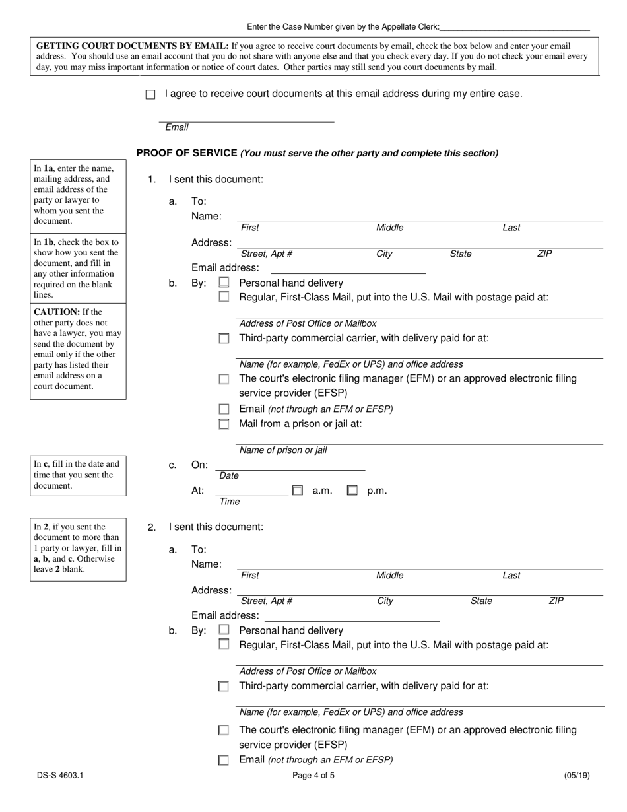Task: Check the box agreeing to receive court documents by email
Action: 150,94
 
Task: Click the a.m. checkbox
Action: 298,491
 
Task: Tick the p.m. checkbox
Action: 352,491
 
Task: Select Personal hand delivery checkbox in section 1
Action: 224,282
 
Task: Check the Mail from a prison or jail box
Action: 224,424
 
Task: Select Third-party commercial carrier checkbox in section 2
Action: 224,686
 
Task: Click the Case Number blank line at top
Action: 514,27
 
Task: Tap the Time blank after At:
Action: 251,491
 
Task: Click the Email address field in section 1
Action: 348,268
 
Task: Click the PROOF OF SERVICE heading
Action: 186,153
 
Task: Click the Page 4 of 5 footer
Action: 313,776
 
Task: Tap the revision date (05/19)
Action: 577,776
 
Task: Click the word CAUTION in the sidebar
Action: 55,312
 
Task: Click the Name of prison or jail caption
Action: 282,450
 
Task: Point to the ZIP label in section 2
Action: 556,601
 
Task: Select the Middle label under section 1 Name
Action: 389,228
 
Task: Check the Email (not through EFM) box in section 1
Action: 224,409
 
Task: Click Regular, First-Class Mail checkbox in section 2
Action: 224,644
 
